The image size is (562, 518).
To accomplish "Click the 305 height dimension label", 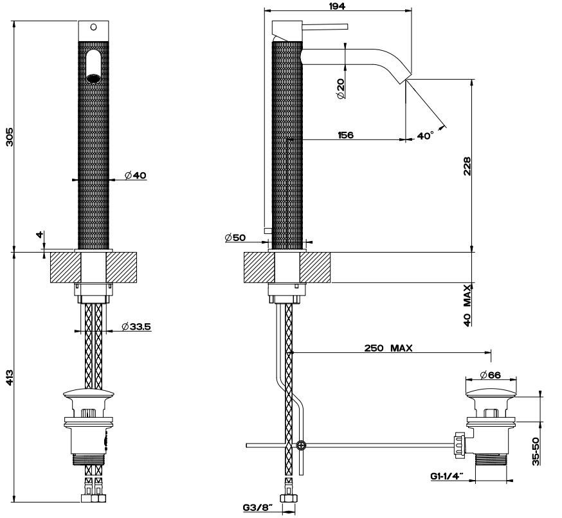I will click(10, 136).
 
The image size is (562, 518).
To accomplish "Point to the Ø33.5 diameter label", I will click(136, 326).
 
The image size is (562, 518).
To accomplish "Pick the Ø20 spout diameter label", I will click(340, 87).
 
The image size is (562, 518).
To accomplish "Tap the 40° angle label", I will click(425, 136).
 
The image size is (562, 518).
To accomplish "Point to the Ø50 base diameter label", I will click(235, 238).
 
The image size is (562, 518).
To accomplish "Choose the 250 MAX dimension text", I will click(388, 348).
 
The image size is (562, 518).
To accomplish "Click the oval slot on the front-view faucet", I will click(95, 64).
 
